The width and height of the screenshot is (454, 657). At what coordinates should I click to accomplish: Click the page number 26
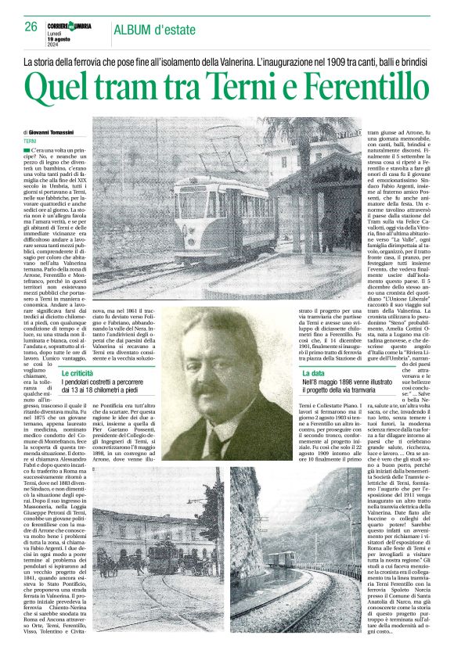pyautogui.click(x=31, y=27)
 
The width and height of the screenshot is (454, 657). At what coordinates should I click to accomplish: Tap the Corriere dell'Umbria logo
pyautogui.click(x=73, y=26)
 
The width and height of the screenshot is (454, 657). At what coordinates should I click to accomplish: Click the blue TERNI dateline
pyautogui.click(x=31, y=141)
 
